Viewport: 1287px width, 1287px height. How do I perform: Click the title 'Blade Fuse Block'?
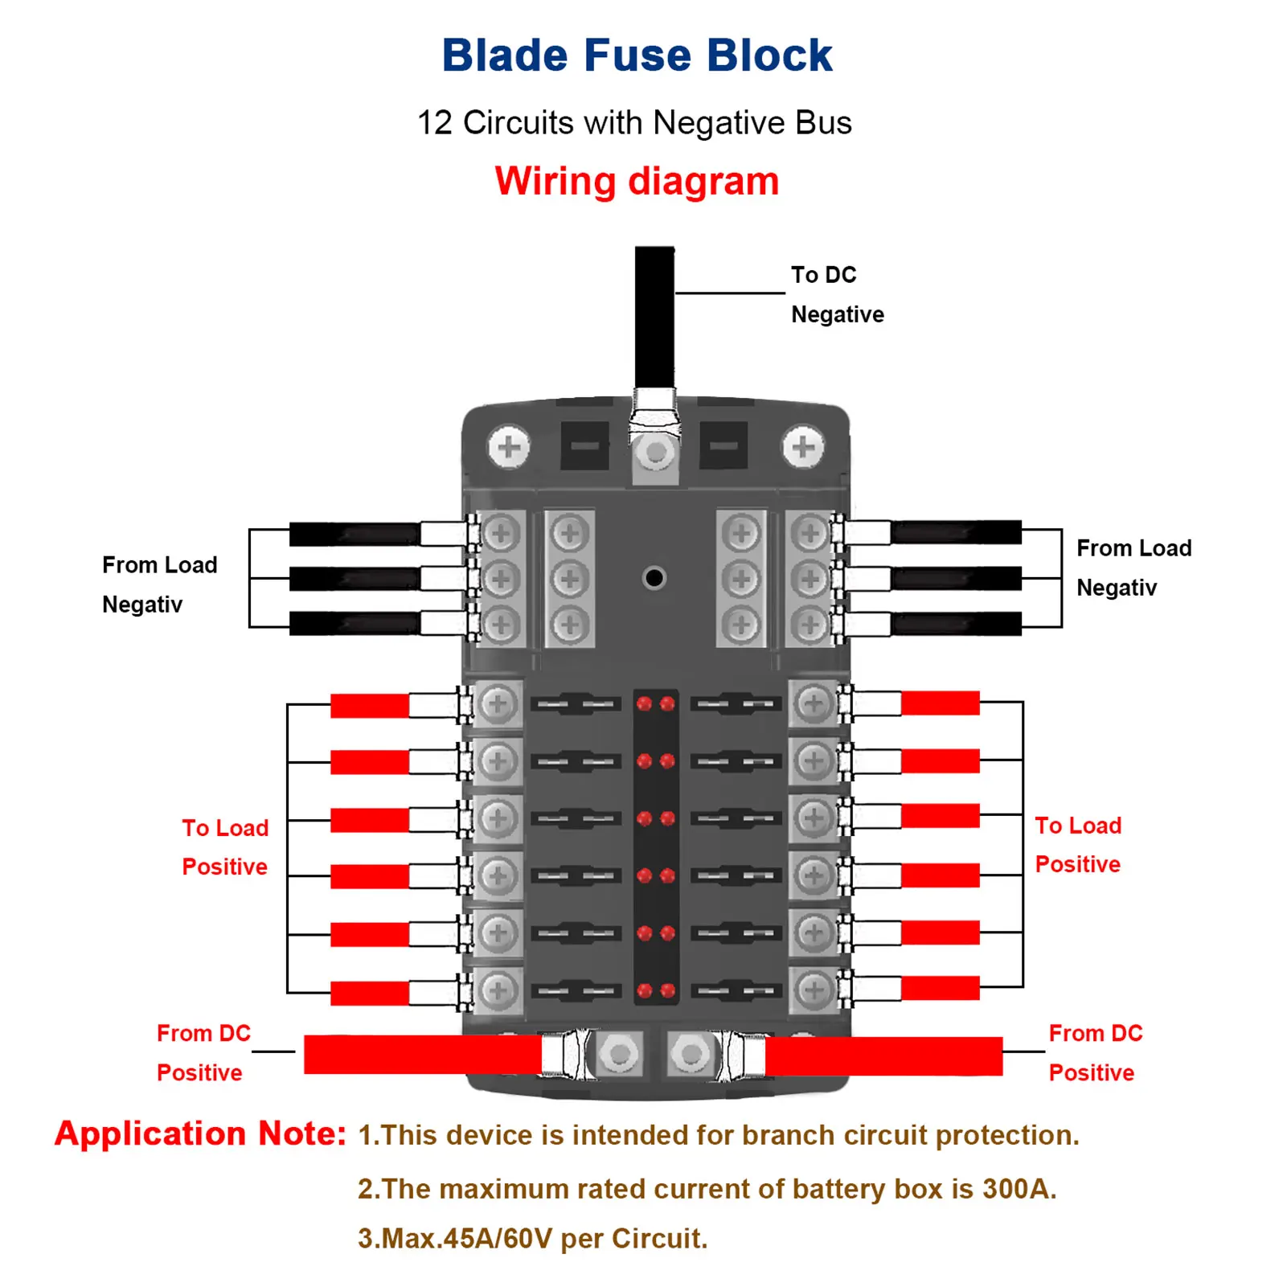point(637,55)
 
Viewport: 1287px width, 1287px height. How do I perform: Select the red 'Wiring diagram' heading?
point(637,181)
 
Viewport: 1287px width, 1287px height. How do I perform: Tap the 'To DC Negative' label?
point(837,294)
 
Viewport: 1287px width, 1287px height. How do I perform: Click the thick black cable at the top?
point(654,318)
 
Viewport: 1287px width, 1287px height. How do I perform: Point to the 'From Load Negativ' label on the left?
point(159,584)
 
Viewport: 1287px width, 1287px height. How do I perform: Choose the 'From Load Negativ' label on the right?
point(1133,568)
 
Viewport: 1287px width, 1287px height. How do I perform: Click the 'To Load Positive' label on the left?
point(225,847)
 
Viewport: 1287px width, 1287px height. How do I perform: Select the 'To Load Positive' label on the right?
point(1078,845)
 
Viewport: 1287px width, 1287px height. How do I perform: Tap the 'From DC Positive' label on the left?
point(203,1053)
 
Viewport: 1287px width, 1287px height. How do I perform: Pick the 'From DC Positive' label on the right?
point(1096,1053)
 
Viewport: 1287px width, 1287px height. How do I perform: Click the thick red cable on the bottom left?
point(423,1055)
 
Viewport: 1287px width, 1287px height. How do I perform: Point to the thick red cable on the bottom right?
point(883,1055)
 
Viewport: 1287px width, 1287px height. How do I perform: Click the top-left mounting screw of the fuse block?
point(509,447)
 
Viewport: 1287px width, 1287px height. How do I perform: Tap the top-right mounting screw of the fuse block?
point(803,447)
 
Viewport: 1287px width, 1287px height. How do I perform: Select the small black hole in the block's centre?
point(654,577)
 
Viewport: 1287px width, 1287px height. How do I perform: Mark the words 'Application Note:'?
point(200,1133)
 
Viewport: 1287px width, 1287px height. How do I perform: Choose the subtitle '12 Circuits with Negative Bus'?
point(634,123)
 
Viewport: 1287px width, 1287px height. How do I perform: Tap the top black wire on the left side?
point(355,534)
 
